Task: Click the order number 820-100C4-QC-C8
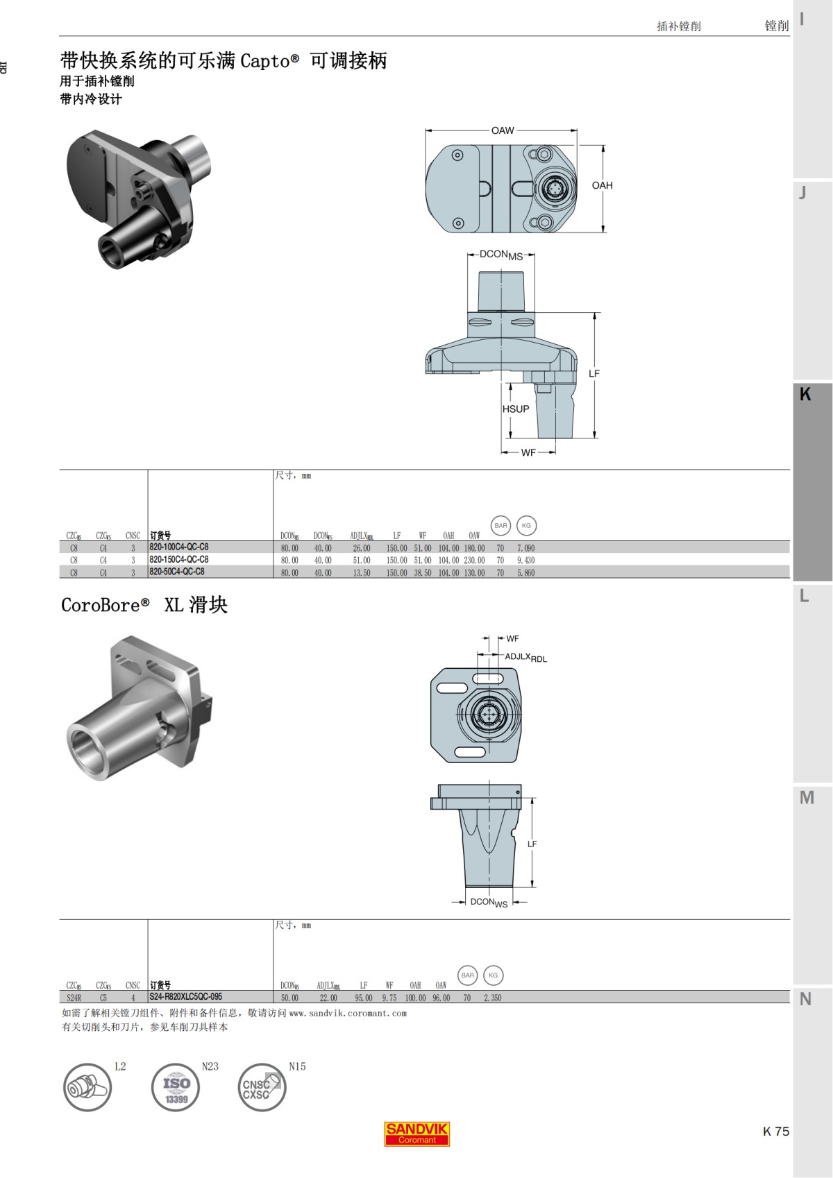click(179, 547)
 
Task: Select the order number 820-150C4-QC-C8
click(179, 560)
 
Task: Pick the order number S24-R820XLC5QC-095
click(185, 997)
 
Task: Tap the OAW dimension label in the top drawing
click(503, 130)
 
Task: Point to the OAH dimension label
click(602, 185)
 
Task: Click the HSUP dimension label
click(516, 409)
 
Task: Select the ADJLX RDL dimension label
click(525, 657)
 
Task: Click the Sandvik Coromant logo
click(417, 1134)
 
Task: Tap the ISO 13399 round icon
click(176, 1087)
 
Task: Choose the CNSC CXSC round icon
click(262, 1087)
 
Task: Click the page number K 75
click(775, 1132)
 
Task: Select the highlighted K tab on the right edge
click(811, 482)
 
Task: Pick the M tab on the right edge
click(807, 798)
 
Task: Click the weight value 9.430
click(525, 561)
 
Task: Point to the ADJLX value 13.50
click(361, 573)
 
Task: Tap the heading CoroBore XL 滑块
click(144, 605)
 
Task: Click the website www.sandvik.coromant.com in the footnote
click(348, 1014)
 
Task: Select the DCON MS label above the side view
click(500, 255)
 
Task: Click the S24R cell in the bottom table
click(74, 998)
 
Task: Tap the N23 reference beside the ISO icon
click(210, 1066)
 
